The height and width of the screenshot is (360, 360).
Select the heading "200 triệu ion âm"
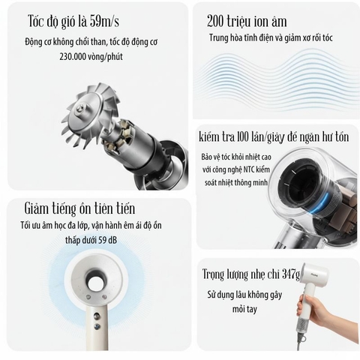[x=246, y=21]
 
